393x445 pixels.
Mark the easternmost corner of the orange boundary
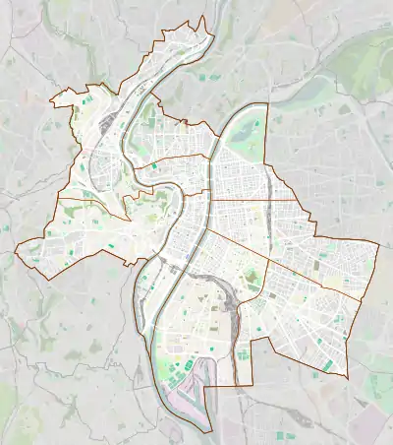[x=380, y=244]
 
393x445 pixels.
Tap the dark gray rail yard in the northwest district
[x=121, y=109]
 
